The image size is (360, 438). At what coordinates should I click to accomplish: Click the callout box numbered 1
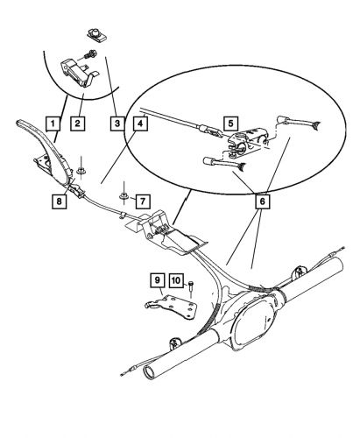point(53,124)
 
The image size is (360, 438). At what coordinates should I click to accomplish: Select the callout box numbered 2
point(79,124)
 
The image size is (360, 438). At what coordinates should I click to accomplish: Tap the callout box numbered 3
point(116,124)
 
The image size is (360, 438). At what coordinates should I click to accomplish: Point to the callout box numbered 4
point(141,124)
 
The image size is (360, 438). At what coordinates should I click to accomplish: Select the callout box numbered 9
point(157,281)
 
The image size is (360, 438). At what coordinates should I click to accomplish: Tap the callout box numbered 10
point(175,281)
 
